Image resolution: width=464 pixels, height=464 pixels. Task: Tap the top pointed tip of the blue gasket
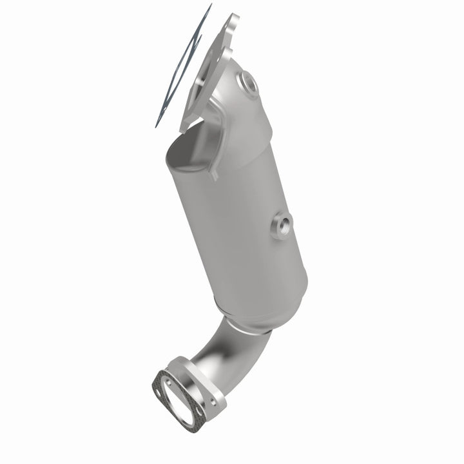click(210, 6)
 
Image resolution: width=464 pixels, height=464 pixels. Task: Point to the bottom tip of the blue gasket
click(157, 125)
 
